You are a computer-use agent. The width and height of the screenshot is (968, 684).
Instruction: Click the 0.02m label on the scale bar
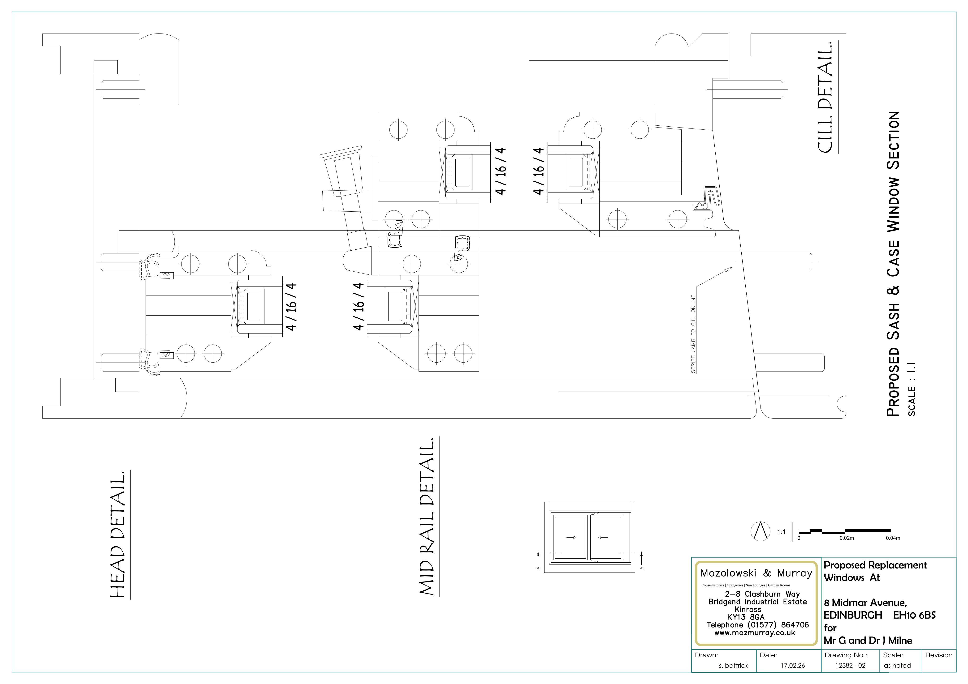point(846,538)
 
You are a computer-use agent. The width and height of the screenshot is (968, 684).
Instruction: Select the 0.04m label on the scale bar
point(893,538)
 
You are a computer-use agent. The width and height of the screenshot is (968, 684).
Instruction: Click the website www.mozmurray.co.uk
point(755,633)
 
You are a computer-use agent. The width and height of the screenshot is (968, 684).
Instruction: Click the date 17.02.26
point(793,665)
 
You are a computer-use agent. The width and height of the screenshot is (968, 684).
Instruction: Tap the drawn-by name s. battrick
point(734,665)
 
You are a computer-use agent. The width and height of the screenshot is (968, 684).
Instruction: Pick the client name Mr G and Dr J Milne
point(868,641)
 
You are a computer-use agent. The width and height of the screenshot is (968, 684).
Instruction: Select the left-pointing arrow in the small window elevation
point(603,537)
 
